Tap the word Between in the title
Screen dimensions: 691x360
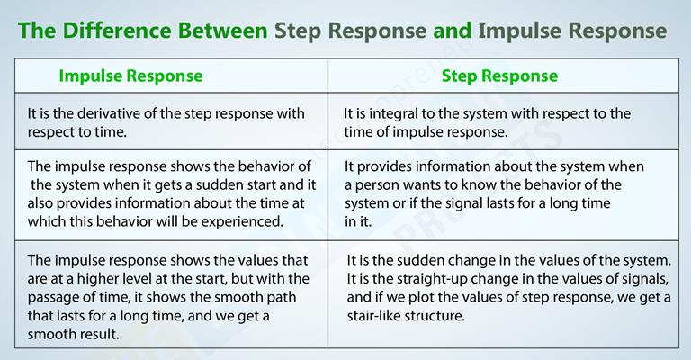pyautogui.click(x=223, y=31)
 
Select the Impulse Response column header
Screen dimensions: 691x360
pyautogui.click(x=130, y=76)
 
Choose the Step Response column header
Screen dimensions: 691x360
pyautogui.click(x=499, y=76)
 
